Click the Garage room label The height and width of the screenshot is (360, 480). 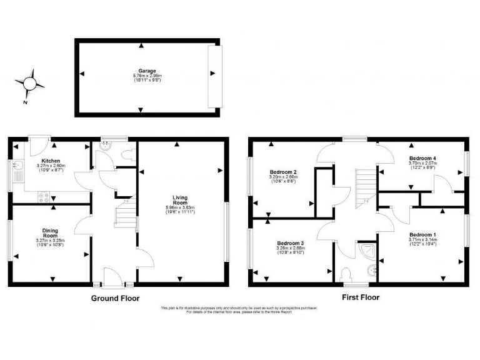pyautogui.click(x=147, y=72)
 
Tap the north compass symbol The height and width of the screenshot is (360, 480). pyautogui.click(x=29, y=83)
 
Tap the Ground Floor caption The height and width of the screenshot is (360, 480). pyautogui.click(x=115, y=298)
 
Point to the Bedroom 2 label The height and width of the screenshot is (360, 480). pyautogui.click(x=282, y=172)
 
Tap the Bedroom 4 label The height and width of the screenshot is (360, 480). pyautogui.click(x=423, y=158)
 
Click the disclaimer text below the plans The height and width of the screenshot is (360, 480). pyautogui.click(x=239, y=310)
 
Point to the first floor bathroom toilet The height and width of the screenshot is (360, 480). pyautogui.click(x=347, y=273)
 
